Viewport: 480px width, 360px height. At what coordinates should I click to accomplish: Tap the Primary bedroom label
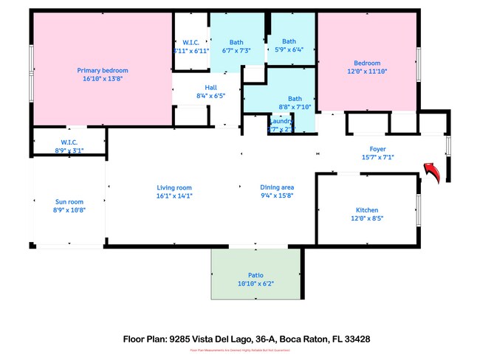(103, 71)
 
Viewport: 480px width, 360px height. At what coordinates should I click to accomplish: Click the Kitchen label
(367, 210)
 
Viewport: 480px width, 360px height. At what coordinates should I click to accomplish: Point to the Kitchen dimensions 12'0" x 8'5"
(367, 218)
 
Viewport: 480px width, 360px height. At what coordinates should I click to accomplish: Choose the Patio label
(256, 274)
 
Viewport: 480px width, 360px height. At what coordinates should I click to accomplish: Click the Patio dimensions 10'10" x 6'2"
(256, 283)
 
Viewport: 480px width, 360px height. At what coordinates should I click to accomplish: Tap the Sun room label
(69, 201)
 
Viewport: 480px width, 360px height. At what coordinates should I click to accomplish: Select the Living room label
(174, 187)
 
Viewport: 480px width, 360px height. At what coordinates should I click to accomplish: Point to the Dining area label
(277, 187)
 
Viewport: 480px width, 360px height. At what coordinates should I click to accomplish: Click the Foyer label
(378, 148)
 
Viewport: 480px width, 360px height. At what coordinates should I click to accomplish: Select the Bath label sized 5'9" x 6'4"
(289, 41)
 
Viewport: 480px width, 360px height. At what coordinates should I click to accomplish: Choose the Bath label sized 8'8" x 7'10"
(295, 98)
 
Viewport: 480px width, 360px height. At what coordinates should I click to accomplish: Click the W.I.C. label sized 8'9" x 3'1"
(69, 142)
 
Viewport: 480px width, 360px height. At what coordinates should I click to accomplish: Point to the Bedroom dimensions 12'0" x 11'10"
(367, 72)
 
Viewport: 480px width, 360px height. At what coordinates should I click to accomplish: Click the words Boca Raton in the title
(307, 339)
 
